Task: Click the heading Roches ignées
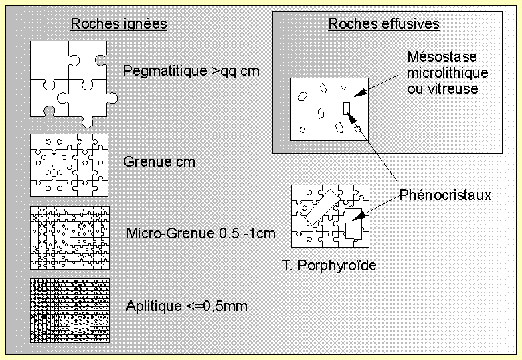(119, 24)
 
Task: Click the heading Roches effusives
(384, 24)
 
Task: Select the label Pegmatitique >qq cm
(191, 71)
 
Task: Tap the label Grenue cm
(159, 162)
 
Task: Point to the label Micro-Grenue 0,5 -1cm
(201, 234)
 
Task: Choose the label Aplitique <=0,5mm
(187, 306)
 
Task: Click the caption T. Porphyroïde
(329, 265)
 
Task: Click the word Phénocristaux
(445, 195)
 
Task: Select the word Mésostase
(442, 57)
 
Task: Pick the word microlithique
(448, 72)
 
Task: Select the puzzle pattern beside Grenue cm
(69, 165)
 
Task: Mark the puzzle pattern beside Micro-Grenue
(70, 238)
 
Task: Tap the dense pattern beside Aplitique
(70, 310)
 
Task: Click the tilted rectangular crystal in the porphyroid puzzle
(323, 207)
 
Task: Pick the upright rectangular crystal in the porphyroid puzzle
(353, 223)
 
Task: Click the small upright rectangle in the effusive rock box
(347, 108)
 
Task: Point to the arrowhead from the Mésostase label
(360, 93)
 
